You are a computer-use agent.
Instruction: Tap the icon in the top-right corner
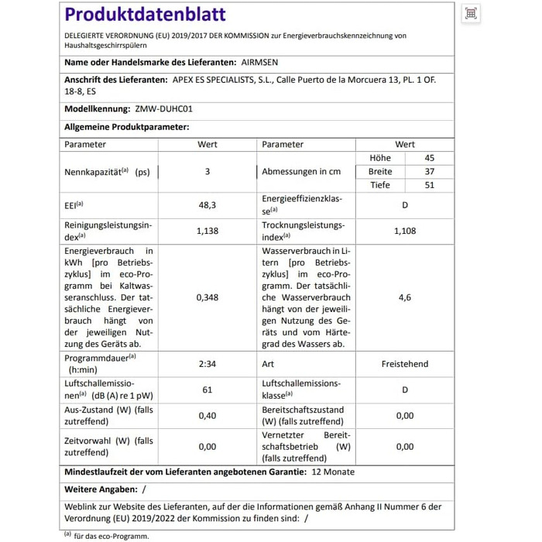[x=470, y=13]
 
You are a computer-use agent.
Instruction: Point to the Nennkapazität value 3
[x=208, y=172]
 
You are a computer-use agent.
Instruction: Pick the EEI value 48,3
[x=208, y=205]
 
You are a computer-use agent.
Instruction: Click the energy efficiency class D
[x=405, y=205]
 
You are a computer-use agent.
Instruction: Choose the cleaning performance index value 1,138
[x=208, y=231]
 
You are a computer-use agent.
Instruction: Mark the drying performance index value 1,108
[x=405, y=231]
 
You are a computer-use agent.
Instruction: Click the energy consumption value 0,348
[x=208, y=297]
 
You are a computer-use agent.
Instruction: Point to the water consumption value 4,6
[x=405, y=297]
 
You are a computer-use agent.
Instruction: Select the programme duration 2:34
[x=208, y=363]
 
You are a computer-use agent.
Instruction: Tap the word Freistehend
[x=405, y=363]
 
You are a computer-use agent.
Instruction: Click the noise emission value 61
[x=208, y=389]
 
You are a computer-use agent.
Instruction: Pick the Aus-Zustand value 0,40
[x=208, y=416]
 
